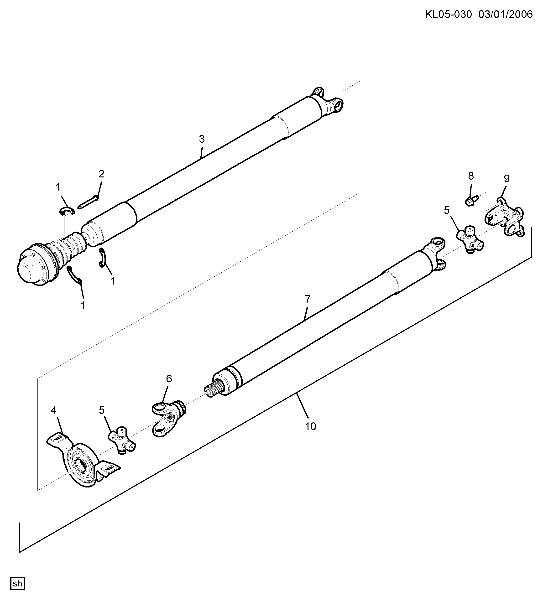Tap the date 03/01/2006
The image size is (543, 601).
[x=506, y=14]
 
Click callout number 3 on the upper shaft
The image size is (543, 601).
[x=202, y=139]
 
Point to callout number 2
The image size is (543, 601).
[x=101, y=174]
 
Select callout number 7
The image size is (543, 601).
[x=308, y=298]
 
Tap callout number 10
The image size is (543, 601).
[x=310, y=426]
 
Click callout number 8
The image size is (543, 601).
[x=471, y=176]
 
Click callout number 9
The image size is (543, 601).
[x=507, y=179]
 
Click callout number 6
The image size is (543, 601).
[x=169, y=379]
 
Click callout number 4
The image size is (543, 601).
[x=53, y=410]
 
